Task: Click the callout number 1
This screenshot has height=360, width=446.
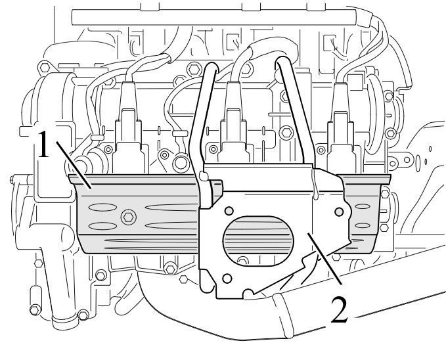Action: coord(43,144)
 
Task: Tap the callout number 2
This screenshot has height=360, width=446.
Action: coord(340,309)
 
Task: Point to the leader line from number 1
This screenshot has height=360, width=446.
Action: coord(74,165)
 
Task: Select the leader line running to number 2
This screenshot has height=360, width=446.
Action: coord(324,258)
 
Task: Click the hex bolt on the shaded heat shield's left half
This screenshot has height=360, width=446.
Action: coord(129,217)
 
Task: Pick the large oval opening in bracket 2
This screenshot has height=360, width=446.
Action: coord(258,240)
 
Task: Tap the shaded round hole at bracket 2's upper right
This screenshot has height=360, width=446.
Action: coord(339,212)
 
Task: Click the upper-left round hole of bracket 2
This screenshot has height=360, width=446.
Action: coord(229,211)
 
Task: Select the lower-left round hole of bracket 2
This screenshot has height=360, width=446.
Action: coord(227,279)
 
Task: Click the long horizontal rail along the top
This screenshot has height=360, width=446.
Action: coord(214,17)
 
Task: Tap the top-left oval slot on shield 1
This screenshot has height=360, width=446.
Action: coord(102,207)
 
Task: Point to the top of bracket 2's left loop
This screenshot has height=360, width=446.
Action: coord(210,67)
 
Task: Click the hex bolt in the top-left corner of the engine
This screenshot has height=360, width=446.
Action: coord(45,68)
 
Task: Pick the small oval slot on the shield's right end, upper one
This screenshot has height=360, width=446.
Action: coord(363,206)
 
